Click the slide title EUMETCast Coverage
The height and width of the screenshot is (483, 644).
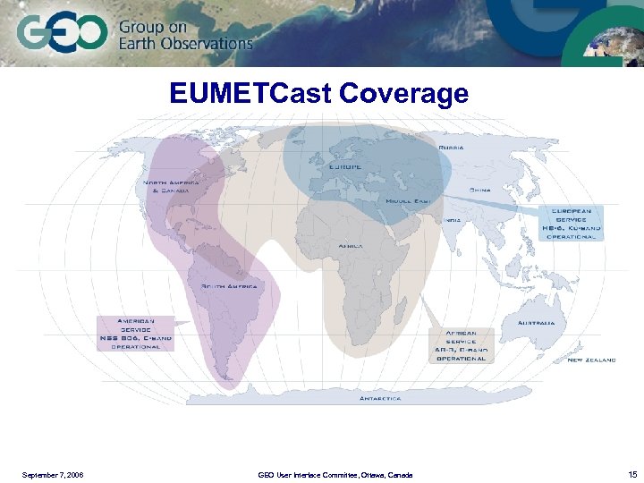coord(319,94)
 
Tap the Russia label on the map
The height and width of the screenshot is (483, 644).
coord(451,147)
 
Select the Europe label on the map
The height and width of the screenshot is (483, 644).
coord(344,167)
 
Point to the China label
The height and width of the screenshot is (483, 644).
coord(480,191)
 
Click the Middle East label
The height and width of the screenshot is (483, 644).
coord(409,201)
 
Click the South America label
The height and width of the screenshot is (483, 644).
coord(229,286)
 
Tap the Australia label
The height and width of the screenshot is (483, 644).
coord(536,322)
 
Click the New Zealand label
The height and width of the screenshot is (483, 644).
coord(591,360)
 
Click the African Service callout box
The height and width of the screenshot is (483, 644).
coord(461,345)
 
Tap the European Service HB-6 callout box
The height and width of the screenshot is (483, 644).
coord(571,223)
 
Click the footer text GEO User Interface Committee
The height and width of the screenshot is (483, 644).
coord(335,474)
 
